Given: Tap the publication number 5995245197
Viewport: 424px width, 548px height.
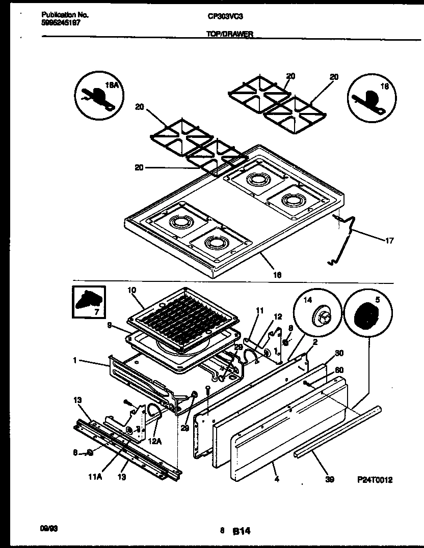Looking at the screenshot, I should [60, 23].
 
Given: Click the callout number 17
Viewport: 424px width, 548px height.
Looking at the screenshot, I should [389, 241].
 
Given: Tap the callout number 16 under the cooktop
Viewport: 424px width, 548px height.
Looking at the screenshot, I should [278, 275].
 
